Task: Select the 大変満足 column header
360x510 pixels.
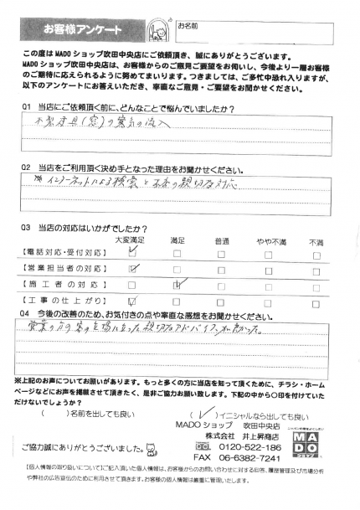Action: click(x=129, y=241)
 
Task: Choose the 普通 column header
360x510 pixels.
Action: click(x=221, y=241)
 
